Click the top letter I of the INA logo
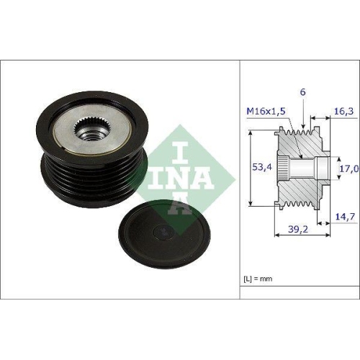click(170, 140)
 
